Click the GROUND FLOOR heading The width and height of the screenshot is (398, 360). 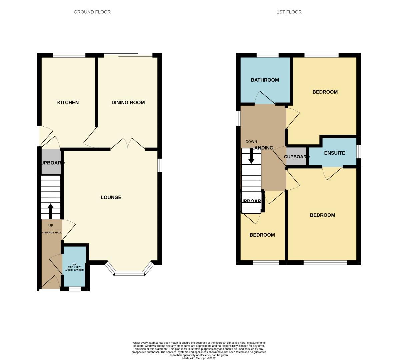click(x=92, y=12)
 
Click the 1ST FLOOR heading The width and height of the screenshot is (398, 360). click(x=289, y=12)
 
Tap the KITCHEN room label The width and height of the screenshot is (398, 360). click(x=68, y=102)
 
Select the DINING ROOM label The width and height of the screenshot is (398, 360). click(x=128, y=102)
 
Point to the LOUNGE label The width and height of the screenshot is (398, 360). click(x=111, y=197)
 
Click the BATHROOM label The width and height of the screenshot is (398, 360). click(x=265, y=80)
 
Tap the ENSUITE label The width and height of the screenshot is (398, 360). click(x=335, y=153)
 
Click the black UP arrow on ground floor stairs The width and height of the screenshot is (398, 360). click(x=51, y=211)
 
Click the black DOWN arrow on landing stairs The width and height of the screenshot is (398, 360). click(x=251, y=156)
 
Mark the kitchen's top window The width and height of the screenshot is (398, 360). click(x=69, y=55)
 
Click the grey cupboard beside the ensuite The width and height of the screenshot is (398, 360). click(x=296, y=157)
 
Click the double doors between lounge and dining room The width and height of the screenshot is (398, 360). click(x=128, y=143)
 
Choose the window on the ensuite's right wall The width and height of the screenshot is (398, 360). click(x=359, y=152)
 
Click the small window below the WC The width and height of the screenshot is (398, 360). click(x=75, y=289)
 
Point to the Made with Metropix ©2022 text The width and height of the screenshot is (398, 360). click(x=199, y=358)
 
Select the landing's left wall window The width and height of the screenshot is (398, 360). click(x=238, y=118)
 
